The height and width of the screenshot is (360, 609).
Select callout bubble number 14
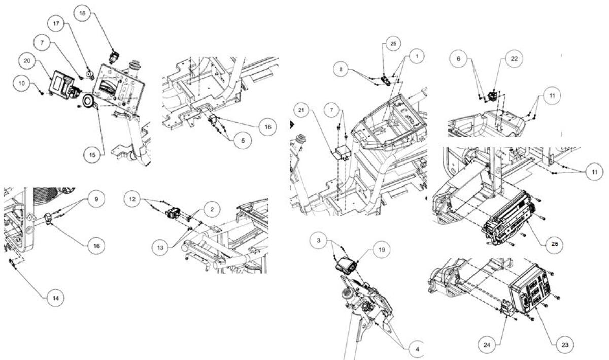(x=55, y=299)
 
